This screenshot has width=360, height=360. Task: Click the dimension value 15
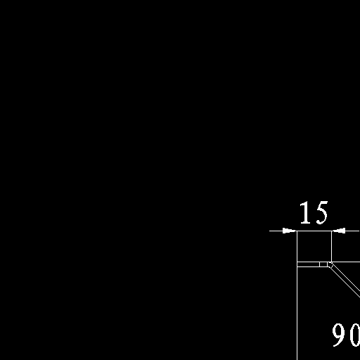[314, 212]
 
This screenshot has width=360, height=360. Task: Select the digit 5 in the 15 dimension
[321, 213]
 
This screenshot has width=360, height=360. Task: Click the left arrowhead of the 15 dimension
[290, 231]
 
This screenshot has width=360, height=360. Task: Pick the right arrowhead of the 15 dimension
[338, 231]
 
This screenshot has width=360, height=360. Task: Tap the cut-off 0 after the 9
[355, 335]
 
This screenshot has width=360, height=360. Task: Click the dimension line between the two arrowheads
[314, 231]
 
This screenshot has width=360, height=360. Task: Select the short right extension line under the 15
[331, 246]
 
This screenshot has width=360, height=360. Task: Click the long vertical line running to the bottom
[297, 295]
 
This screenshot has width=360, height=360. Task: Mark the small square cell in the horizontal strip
[323, 264]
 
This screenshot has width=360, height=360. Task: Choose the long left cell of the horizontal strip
[308, 264]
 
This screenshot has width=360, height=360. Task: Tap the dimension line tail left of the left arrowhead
[276, 231]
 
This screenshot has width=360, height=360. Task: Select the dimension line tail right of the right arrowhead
[352, 231]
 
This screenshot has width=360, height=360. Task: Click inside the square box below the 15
[314, 246]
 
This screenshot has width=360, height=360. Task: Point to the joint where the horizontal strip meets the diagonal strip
[330, 264]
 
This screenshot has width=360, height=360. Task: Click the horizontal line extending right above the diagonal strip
[346, 262]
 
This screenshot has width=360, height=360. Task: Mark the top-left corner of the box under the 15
[297, 231]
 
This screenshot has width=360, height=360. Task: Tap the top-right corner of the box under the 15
[331, 231]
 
